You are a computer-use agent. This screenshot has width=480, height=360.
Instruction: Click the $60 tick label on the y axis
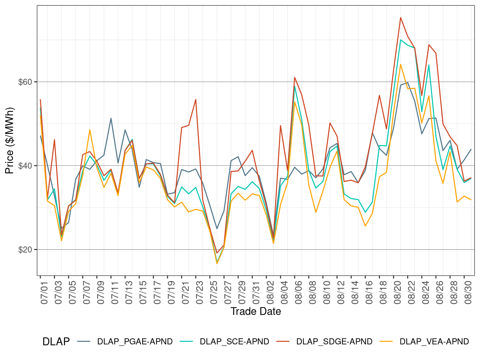25,82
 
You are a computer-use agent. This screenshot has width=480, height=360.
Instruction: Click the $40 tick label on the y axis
25,166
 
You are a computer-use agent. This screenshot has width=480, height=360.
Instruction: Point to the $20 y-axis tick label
25,250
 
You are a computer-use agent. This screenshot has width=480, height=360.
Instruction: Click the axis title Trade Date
256,311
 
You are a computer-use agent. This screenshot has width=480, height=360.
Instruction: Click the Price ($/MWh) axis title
10,140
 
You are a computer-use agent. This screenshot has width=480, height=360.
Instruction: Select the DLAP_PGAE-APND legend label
135,342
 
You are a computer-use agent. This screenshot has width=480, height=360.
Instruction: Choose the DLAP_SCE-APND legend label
234,342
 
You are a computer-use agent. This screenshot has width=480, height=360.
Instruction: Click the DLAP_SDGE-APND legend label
334,342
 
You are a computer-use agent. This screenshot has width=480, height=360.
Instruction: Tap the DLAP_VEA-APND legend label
434,342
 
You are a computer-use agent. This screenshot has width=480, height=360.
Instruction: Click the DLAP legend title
56,342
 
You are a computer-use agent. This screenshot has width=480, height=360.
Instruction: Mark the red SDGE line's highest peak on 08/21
401,17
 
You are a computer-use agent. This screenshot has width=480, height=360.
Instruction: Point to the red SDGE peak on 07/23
196,100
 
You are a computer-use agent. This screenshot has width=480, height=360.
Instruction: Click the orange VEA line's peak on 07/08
90,130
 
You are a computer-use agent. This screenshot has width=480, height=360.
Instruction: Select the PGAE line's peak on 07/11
111,118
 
